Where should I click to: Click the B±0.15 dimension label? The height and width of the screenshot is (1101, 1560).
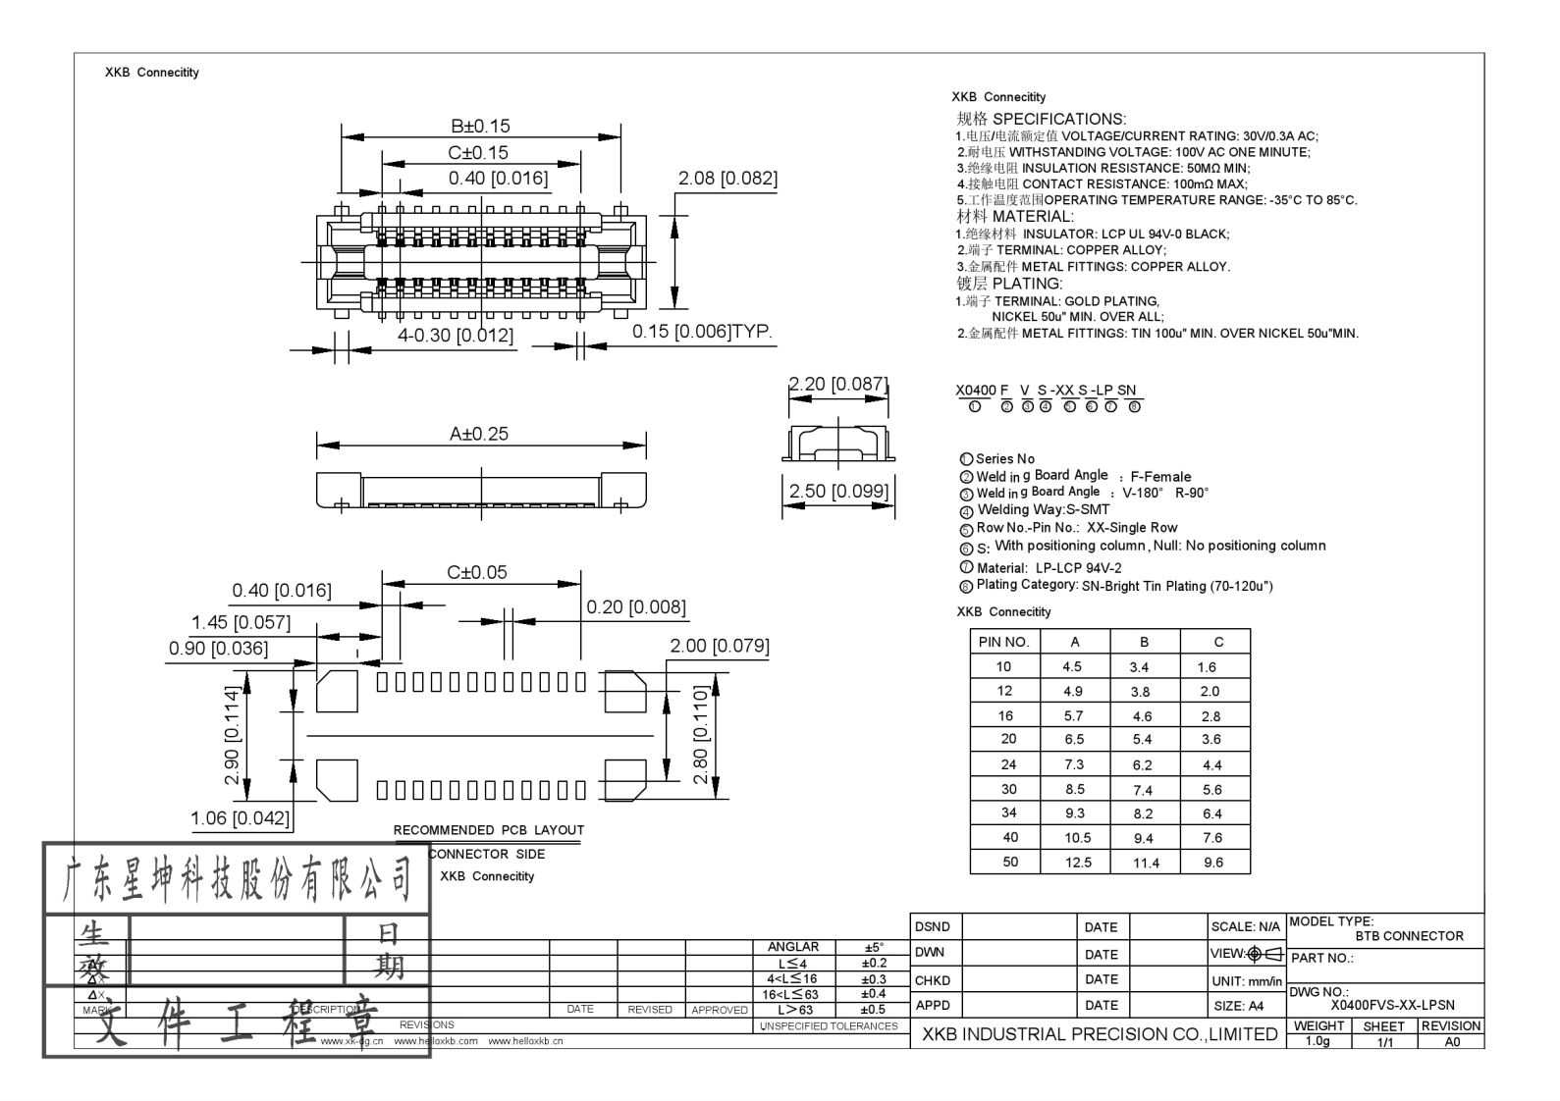tap(480, 127)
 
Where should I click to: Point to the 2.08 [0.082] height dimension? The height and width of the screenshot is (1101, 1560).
tap(726, 179)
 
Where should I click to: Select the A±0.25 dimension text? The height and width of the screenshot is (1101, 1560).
tap(479, 434)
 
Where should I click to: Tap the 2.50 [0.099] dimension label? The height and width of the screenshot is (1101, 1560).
tap(838, 491)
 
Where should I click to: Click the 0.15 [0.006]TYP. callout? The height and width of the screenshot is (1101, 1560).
tap(702, 332)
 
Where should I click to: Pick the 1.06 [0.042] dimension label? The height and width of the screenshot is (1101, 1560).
tap(241, 818)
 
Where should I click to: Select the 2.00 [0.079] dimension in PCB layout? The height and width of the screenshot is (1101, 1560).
tap(719, 646)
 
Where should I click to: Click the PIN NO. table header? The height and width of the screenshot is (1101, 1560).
tap(1003, 642)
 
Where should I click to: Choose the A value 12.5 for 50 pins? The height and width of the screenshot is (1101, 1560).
tap(1077, 863)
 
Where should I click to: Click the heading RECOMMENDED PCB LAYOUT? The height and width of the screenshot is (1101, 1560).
tap(488, 830)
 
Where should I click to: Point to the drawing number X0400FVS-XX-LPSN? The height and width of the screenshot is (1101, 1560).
tap(1392, 1005)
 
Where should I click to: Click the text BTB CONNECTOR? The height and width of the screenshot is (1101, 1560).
tap(1409, 936)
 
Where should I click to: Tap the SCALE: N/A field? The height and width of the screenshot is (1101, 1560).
tap(1245, 926)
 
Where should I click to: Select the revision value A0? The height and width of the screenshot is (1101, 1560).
tap(1451, 1042)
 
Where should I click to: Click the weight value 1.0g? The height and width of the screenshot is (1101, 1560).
tap(1318, 1042)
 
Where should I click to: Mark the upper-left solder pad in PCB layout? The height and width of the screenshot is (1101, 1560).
tap(336, 691)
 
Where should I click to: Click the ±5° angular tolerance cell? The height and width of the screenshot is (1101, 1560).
tap(873, 948)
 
